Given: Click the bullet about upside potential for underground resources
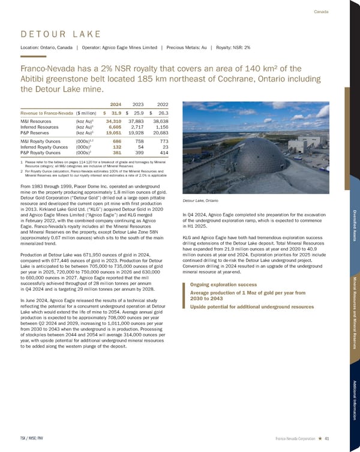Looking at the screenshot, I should (x=251, y=306).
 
